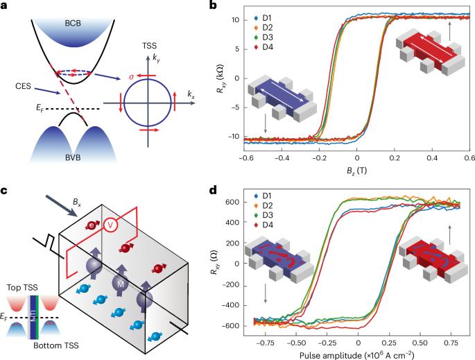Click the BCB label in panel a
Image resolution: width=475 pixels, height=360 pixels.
click(73, 24)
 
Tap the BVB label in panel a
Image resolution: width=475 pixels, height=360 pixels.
click(73, 157)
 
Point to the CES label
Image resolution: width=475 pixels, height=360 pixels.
click(23, 86)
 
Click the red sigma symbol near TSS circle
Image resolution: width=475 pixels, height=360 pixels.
click(131, 77)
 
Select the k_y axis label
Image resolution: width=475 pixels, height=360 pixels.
click(156, 58)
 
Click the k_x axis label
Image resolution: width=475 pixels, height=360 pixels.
click(191, 94)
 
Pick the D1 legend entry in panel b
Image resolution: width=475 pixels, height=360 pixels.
click(263, 18)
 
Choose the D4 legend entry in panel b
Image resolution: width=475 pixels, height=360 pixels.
click(264, 47)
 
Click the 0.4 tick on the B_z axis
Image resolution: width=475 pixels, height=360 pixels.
click(432, 158)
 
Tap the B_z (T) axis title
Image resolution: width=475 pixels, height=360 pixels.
click(356, 171)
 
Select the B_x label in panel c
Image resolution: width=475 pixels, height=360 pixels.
click(77, 202)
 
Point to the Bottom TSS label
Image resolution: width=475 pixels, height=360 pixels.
click(55, 345)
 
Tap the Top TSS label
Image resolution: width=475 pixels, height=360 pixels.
click(22, 288)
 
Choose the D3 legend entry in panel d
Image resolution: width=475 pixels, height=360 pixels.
click(264, 215)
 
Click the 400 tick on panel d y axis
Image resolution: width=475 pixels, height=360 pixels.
click(233, 223)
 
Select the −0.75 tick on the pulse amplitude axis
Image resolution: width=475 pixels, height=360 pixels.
click(266, 343)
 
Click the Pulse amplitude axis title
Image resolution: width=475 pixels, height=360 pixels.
click(356, 354)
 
